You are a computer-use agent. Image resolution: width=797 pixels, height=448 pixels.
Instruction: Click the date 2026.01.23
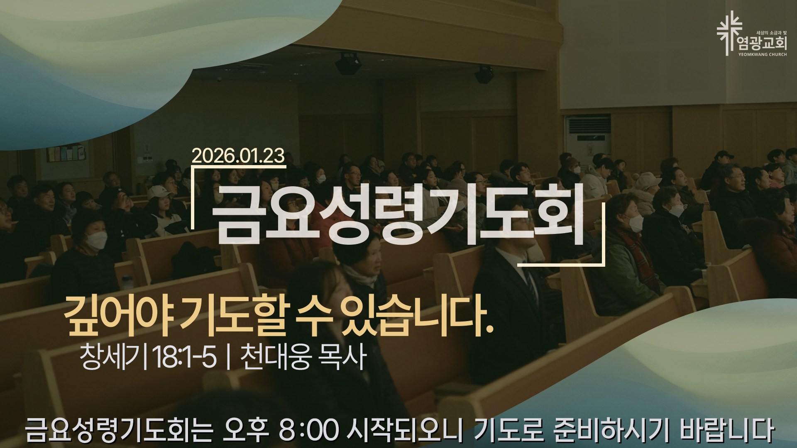(238, 156)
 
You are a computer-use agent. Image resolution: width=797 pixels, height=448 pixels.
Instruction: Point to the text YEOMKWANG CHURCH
(763, 54)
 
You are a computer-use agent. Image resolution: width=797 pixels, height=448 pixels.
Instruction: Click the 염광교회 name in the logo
(762, 43)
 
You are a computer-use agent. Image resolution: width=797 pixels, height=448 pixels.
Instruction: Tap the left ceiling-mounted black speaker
(348, 64)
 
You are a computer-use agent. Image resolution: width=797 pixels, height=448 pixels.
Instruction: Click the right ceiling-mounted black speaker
(484, 75)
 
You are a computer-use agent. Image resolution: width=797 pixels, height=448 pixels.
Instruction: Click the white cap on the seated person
(160, 192)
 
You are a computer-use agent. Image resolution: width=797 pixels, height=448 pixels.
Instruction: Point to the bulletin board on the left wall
(66, 153)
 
